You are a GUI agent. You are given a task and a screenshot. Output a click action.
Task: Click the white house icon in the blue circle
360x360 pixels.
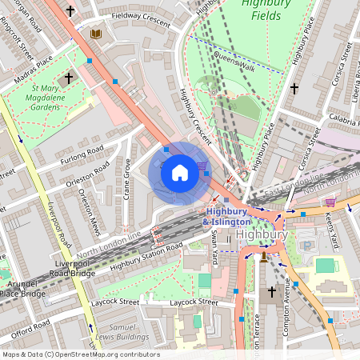(180, 172)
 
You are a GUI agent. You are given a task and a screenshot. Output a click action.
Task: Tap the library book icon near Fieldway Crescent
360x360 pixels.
(97, 34)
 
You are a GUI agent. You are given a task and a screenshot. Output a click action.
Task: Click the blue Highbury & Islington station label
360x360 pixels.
(226, 216)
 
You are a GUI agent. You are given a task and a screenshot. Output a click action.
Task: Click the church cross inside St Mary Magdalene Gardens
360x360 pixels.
(68, 78)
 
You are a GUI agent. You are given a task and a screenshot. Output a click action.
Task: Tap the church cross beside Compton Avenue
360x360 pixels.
(272, 292)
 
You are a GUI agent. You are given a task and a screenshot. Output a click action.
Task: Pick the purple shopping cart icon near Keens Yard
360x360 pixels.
(330, 202)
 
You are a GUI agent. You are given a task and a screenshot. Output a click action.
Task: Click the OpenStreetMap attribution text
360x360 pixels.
(80, 354)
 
